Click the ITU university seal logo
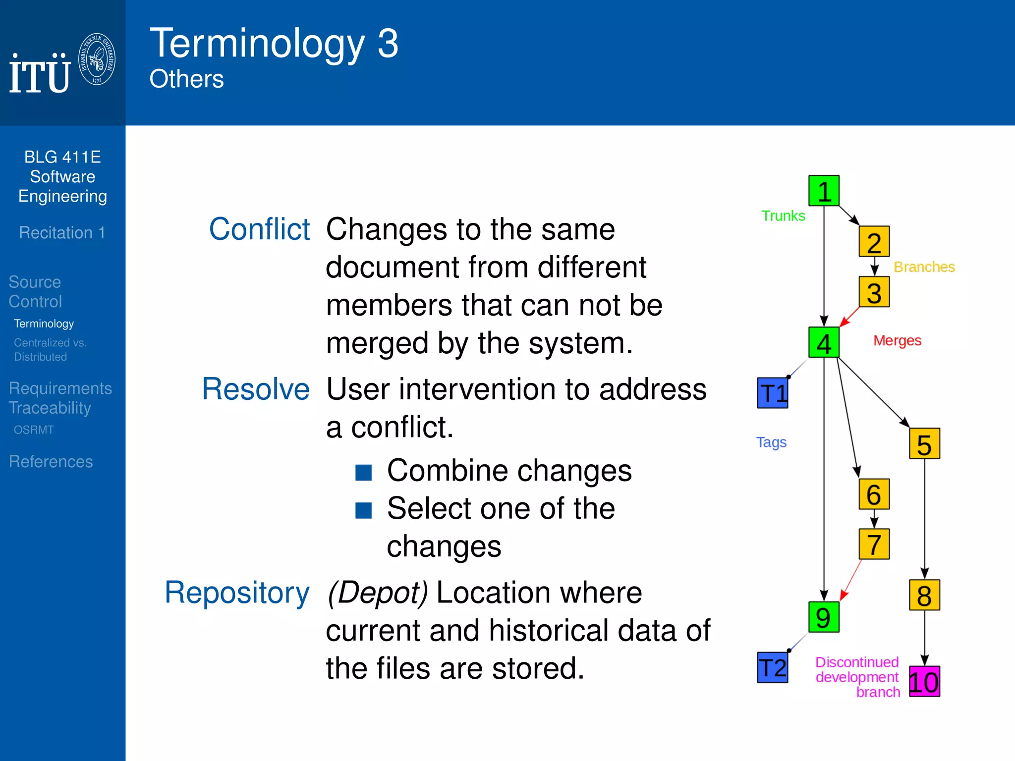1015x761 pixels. click(97, 59)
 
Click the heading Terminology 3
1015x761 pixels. click(274, 44)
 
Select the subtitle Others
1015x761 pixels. click(186, 79)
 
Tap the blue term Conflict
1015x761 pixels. click(259, 229)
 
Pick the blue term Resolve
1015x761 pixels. click(256, 389)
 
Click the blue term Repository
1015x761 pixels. click(237, 593)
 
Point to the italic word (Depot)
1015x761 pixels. click(378, 593)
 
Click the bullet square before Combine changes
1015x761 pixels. click(363, 473)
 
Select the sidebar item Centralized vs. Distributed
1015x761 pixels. click(50, 349)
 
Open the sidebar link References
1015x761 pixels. click(51, 461)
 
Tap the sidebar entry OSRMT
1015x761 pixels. click(34, 430)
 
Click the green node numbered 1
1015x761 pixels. click(824, 191)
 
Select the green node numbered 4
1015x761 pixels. click(824, 343)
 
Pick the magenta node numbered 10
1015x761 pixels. click(924, 682)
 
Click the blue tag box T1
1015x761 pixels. click(773, 393)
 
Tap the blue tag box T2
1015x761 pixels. click(773, 668)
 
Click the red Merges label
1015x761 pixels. click(897, 341)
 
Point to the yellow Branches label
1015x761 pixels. click(924, 267)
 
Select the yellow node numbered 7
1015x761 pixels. click(874, 544)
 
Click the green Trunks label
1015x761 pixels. click(783, 216)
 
